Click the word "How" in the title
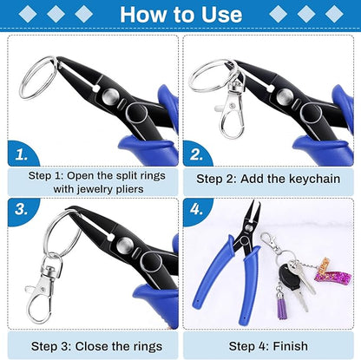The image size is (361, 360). pos(148,15)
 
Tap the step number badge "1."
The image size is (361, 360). pos(22,154)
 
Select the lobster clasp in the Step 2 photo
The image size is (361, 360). pos(231,111)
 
